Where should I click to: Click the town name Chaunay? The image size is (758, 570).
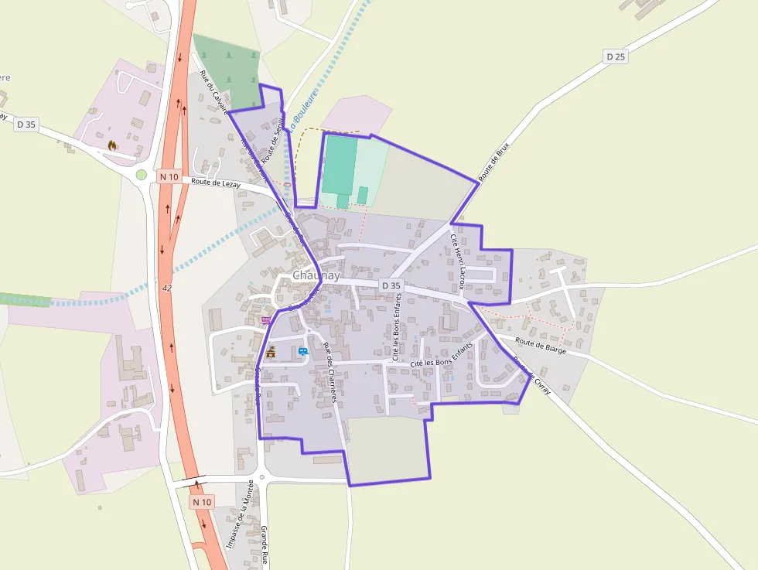coord(316,276)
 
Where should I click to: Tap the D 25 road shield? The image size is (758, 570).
coord(616,56)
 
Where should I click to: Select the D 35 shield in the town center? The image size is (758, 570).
coord(391,285)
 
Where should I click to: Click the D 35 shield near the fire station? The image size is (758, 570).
coord(26,125)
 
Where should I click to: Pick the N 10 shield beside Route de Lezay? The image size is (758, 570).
coord(169,177)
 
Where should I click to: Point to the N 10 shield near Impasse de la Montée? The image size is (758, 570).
coord(201,502)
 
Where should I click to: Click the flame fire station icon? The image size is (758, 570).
coord(113,144)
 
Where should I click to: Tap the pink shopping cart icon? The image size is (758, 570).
coord(266,319)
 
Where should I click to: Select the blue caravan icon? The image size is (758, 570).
coord(302,351)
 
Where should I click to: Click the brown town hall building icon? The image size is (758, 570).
coord(271,352)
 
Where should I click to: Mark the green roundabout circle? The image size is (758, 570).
coord(141,175)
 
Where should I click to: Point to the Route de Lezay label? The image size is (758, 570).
coord(216,184)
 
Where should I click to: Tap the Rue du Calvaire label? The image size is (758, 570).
coord(213,92)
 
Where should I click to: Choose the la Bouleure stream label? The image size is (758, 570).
coord(304,108)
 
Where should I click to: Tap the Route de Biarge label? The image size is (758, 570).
coord(541,346)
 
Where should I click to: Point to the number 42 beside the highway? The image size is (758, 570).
coord(167,288)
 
